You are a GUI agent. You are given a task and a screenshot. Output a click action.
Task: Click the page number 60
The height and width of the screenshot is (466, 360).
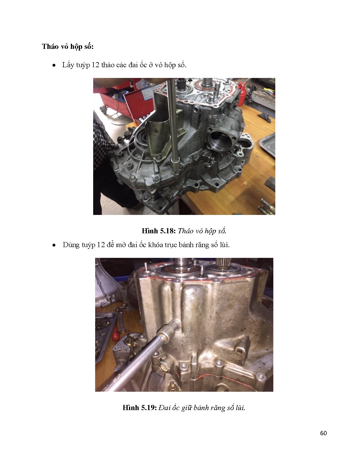tap(323, 433)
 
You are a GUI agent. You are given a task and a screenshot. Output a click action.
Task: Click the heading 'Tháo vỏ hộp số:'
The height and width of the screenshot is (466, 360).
tap(68, 47)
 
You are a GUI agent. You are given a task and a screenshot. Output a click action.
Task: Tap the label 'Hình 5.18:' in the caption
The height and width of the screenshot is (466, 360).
tap(159, 231)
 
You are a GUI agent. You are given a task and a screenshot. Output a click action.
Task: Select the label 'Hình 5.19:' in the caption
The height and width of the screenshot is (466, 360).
tap(139, 408)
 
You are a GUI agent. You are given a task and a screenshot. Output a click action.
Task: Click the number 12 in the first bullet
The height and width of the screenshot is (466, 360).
tap(95, 65)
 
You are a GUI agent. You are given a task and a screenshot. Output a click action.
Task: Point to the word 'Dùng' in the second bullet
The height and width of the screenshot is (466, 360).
tap(71, 245)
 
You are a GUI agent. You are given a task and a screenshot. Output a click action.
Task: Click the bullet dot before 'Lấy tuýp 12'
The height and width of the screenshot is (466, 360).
tap(54, 66)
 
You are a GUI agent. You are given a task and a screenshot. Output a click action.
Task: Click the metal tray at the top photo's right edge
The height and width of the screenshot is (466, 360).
tap(268, 146)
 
